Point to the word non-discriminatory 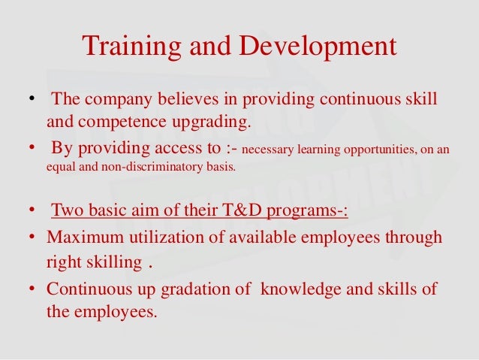(x=151, y=168)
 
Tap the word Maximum (x=82, y=237)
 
